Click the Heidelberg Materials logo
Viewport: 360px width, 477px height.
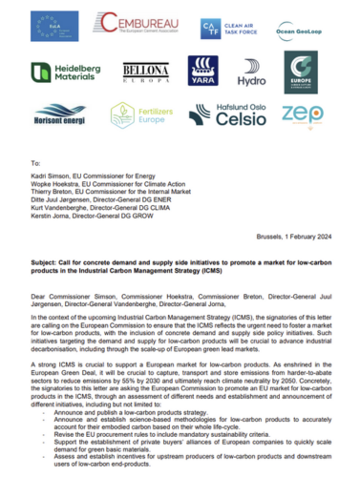(66, 73)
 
